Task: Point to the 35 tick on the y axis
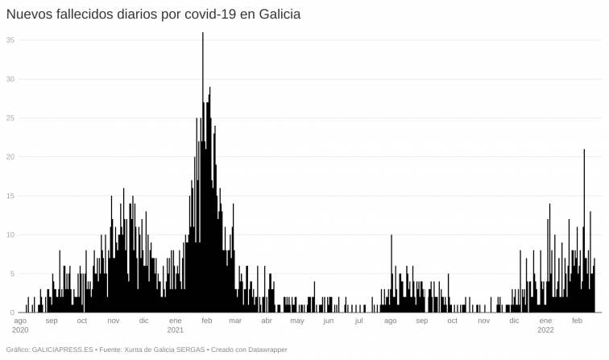tap(10, 39)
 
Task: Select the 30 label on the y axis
tap(10, 79)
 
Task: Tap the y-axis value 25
tap(10, 118)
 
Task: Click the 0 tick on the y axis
tap(12, 312)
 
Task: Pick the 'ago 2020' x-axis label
tap(21, 325)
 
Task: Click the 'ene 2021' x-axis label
tap(176, 325)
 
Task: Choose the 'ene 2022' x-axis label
tap(545, 325)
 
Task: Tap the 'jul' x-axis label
tap(358, 321)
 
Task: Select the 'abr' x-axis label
tap(267, 321)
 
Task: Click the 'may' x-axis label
tap(297, 321)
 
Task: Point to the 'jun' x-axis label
tap(328, 321)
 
